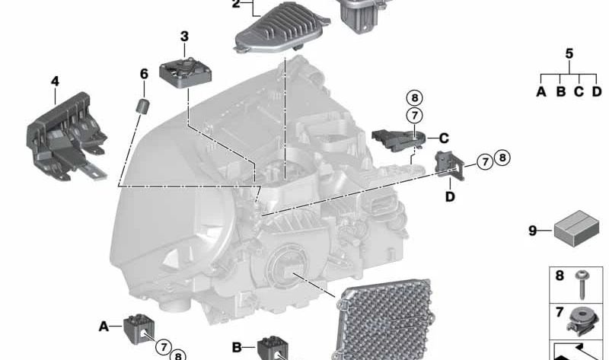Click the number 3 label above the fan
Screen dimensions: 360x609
coord(184,37)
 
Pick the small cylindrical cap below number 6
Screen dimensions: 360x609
coord(142,106)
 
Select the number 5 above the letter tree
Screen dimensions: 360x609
coord(569,53)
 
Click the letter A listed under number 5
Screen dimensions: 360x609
coord(541,92)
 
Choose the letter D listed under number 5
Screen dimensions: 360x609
coord(597,92)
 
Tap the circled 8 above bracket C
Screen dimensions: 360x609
coord(413,97)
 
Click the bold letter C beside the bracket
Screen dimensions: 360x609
coord(443,138)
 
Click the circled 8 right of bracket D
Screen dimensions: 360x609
coord(502,158)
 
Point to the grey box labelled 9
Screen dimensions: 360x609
coord(576,228)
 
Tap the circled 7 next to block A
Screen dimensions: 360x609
coord(163,346)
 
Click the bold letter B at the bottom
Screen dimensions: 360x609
coord(237,347)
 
